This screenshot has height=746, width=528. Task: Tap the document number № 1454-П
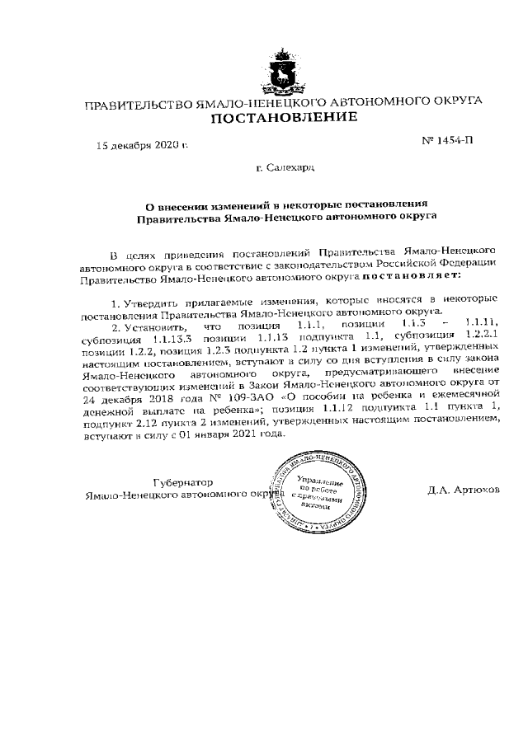[448, 141]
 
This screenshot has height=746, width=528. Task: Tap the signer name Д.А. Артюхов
[464, 489]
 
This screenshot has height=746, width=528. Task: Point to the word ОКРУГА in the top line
[452, 101]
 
